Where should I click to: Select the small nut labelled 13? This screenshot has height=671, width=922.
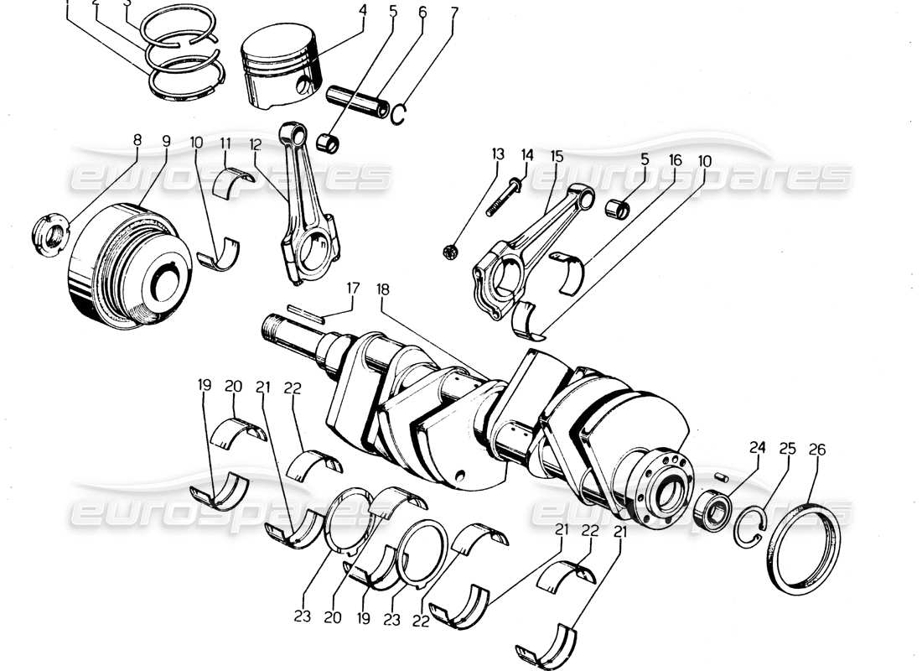coord(450,251)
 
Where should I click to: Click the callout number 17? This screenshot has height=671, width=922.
coord(355,288)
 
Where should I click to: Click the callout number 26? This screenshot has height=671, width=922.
coord(816,450)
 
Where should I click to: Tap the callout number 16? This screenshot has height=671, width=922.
coord(675,159)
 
